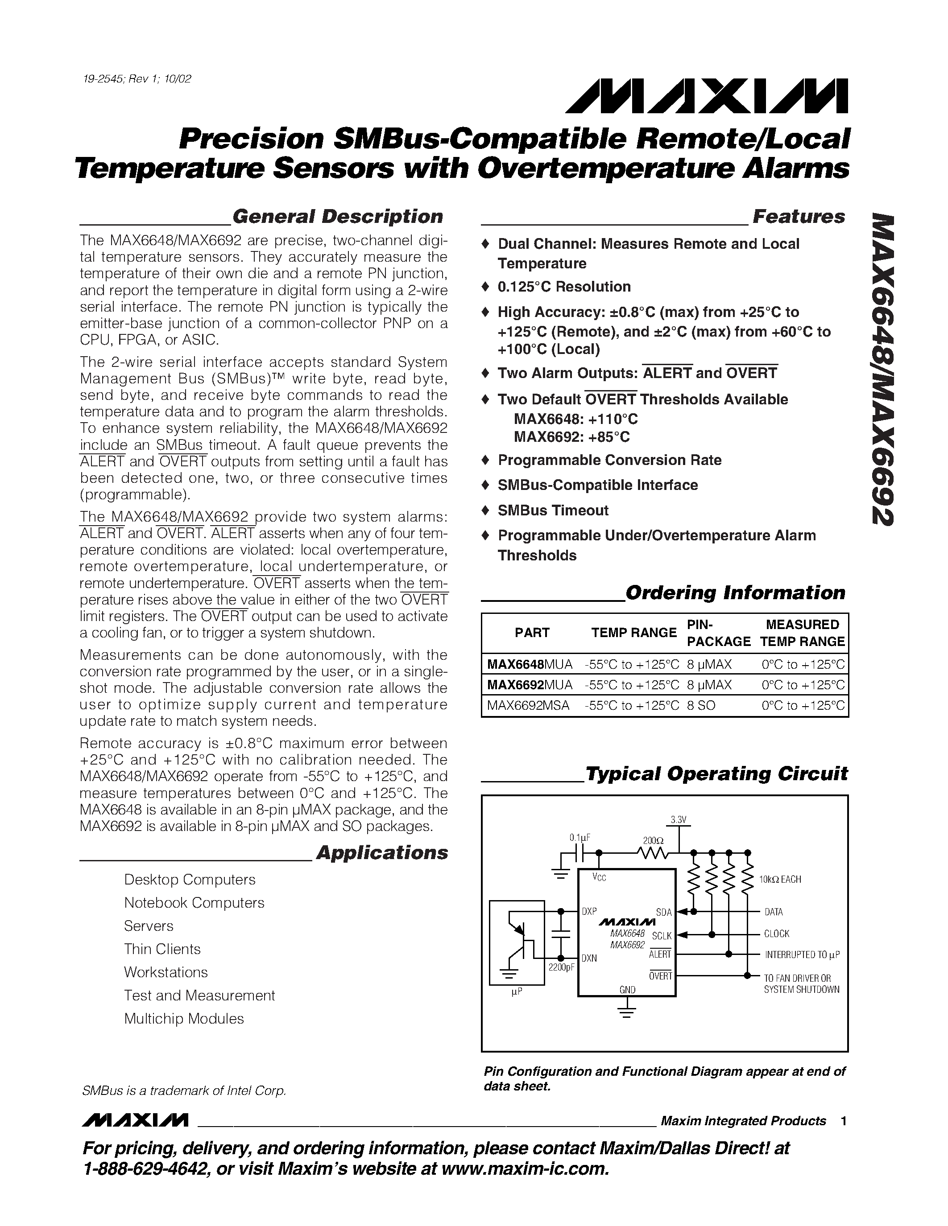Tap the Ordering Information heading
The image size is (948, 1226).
click(735, 593)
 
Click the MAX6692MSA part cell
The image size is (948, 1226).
click(528, 706)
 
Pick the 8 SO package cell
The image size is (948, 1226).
click(701, 706)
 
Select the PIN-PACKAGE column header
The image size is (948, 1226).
click(718, 633)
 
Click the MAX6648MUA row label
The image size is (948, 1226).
click(530, 665)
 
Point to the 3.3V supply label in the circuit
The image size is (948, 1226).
click(679, 820)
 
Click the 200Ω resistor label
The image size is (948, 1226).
click(653, 841)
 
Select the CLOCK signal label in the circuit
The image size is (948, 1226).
click(776, 934)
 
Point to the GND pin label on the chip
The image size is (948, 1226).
click(627, 990)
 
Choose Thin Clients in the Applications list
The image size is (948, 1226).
click(162, 949)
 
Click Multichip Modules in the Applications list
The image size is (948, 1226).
click(184, 1019)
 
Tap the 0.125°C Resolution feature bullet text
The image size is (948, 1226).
click(564, 287)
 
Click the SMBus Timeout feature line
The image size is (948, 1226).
click(553, 510)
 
